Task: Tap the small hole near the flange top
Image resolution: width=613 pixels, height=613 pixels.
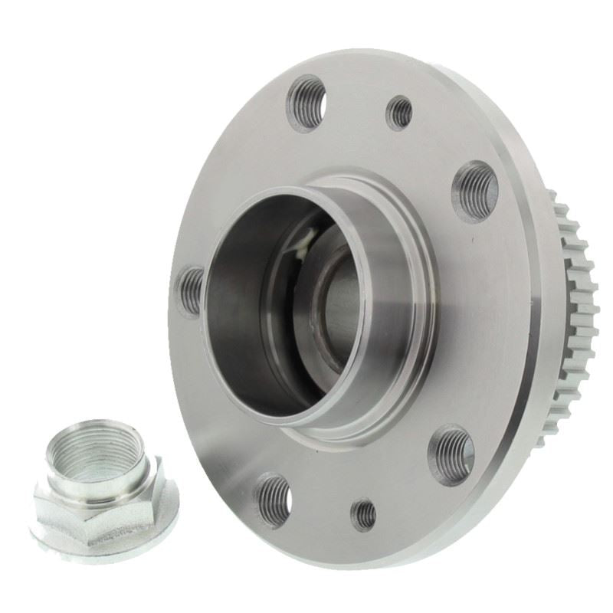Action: click(x=398, y=113)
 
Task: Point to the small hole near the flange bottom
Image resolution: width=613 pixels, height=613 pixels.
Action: click(x=364, y=514)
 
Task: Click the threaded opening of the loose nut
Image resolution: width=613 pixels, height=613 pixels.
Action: click(x=98, y=452)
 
